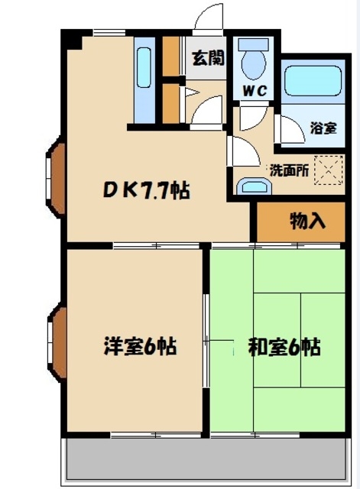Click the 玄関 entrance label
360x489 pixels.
pyautogui.click(x=208, y=58)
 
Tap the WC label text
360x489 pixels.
pyautogui.click(x=255, y=91)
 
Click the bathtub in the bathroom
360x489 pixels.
pyautogui.click(x=313, y=80)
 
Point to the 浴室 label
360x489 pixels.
pyautogui.click(x=323, y=128)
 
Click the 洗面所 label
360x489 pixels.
pyautogui.click(x=289, y=170)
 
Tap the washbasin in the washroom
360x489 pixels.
pyautogui.click(x=253, y=186)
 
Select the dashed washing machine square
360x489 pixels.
pyautogui.click(x=328, y=170)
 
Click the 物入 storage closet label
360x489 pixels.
pyautogui.click(x=307, y=221)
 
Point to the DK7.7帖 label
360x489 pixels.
pyautogui.click(x=147, y=190)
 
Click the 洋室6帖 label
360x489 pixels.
pyautogui.click(x=140, y=346)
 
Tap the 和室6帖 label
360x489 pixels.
pyautogui.click(x=284, y=347)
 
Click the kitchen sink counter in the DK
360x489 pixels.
pyautogui.click(x=144, y=80)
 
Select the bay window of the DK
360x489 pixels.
pyautogui.click(x=56, y=177)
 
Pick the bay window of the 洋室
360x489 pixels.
pyautogui.click(x=57, y=342)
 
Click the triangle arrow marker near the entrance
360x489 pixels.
pyautogui.click(x=192, y=92)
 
